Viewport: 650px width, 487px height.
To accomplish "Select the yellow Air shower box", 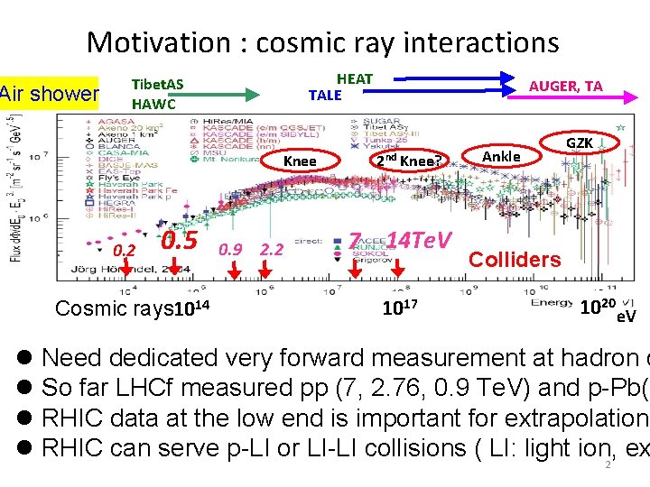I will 49,93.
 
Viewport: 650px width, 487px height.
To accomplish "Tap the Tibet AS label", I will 158,84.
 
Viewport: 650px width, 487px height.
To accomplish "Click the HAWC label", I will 153,104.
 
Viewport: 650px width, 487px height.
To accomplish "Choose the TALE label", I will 325,96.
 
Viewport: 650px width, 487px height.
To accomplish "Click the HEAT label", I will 355,79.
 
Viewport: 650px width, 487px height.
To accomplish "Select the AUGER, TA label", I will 566,87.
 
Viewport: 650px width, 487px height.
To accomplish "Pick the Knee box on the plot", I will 300,161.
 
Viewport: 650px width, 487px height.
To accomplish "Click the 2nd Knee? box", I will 408,161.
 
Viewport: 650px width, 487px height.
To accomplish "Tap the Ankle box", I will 501,156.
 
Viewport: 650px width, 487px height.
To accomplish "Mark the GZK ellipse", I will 579,143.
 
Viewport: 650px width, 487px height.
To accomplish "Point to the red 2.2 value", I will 273,249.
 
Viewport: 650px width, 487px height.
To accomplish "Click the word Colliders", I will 515,260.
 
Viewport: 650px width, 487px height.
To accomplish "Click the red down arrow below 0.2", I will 126,268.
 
